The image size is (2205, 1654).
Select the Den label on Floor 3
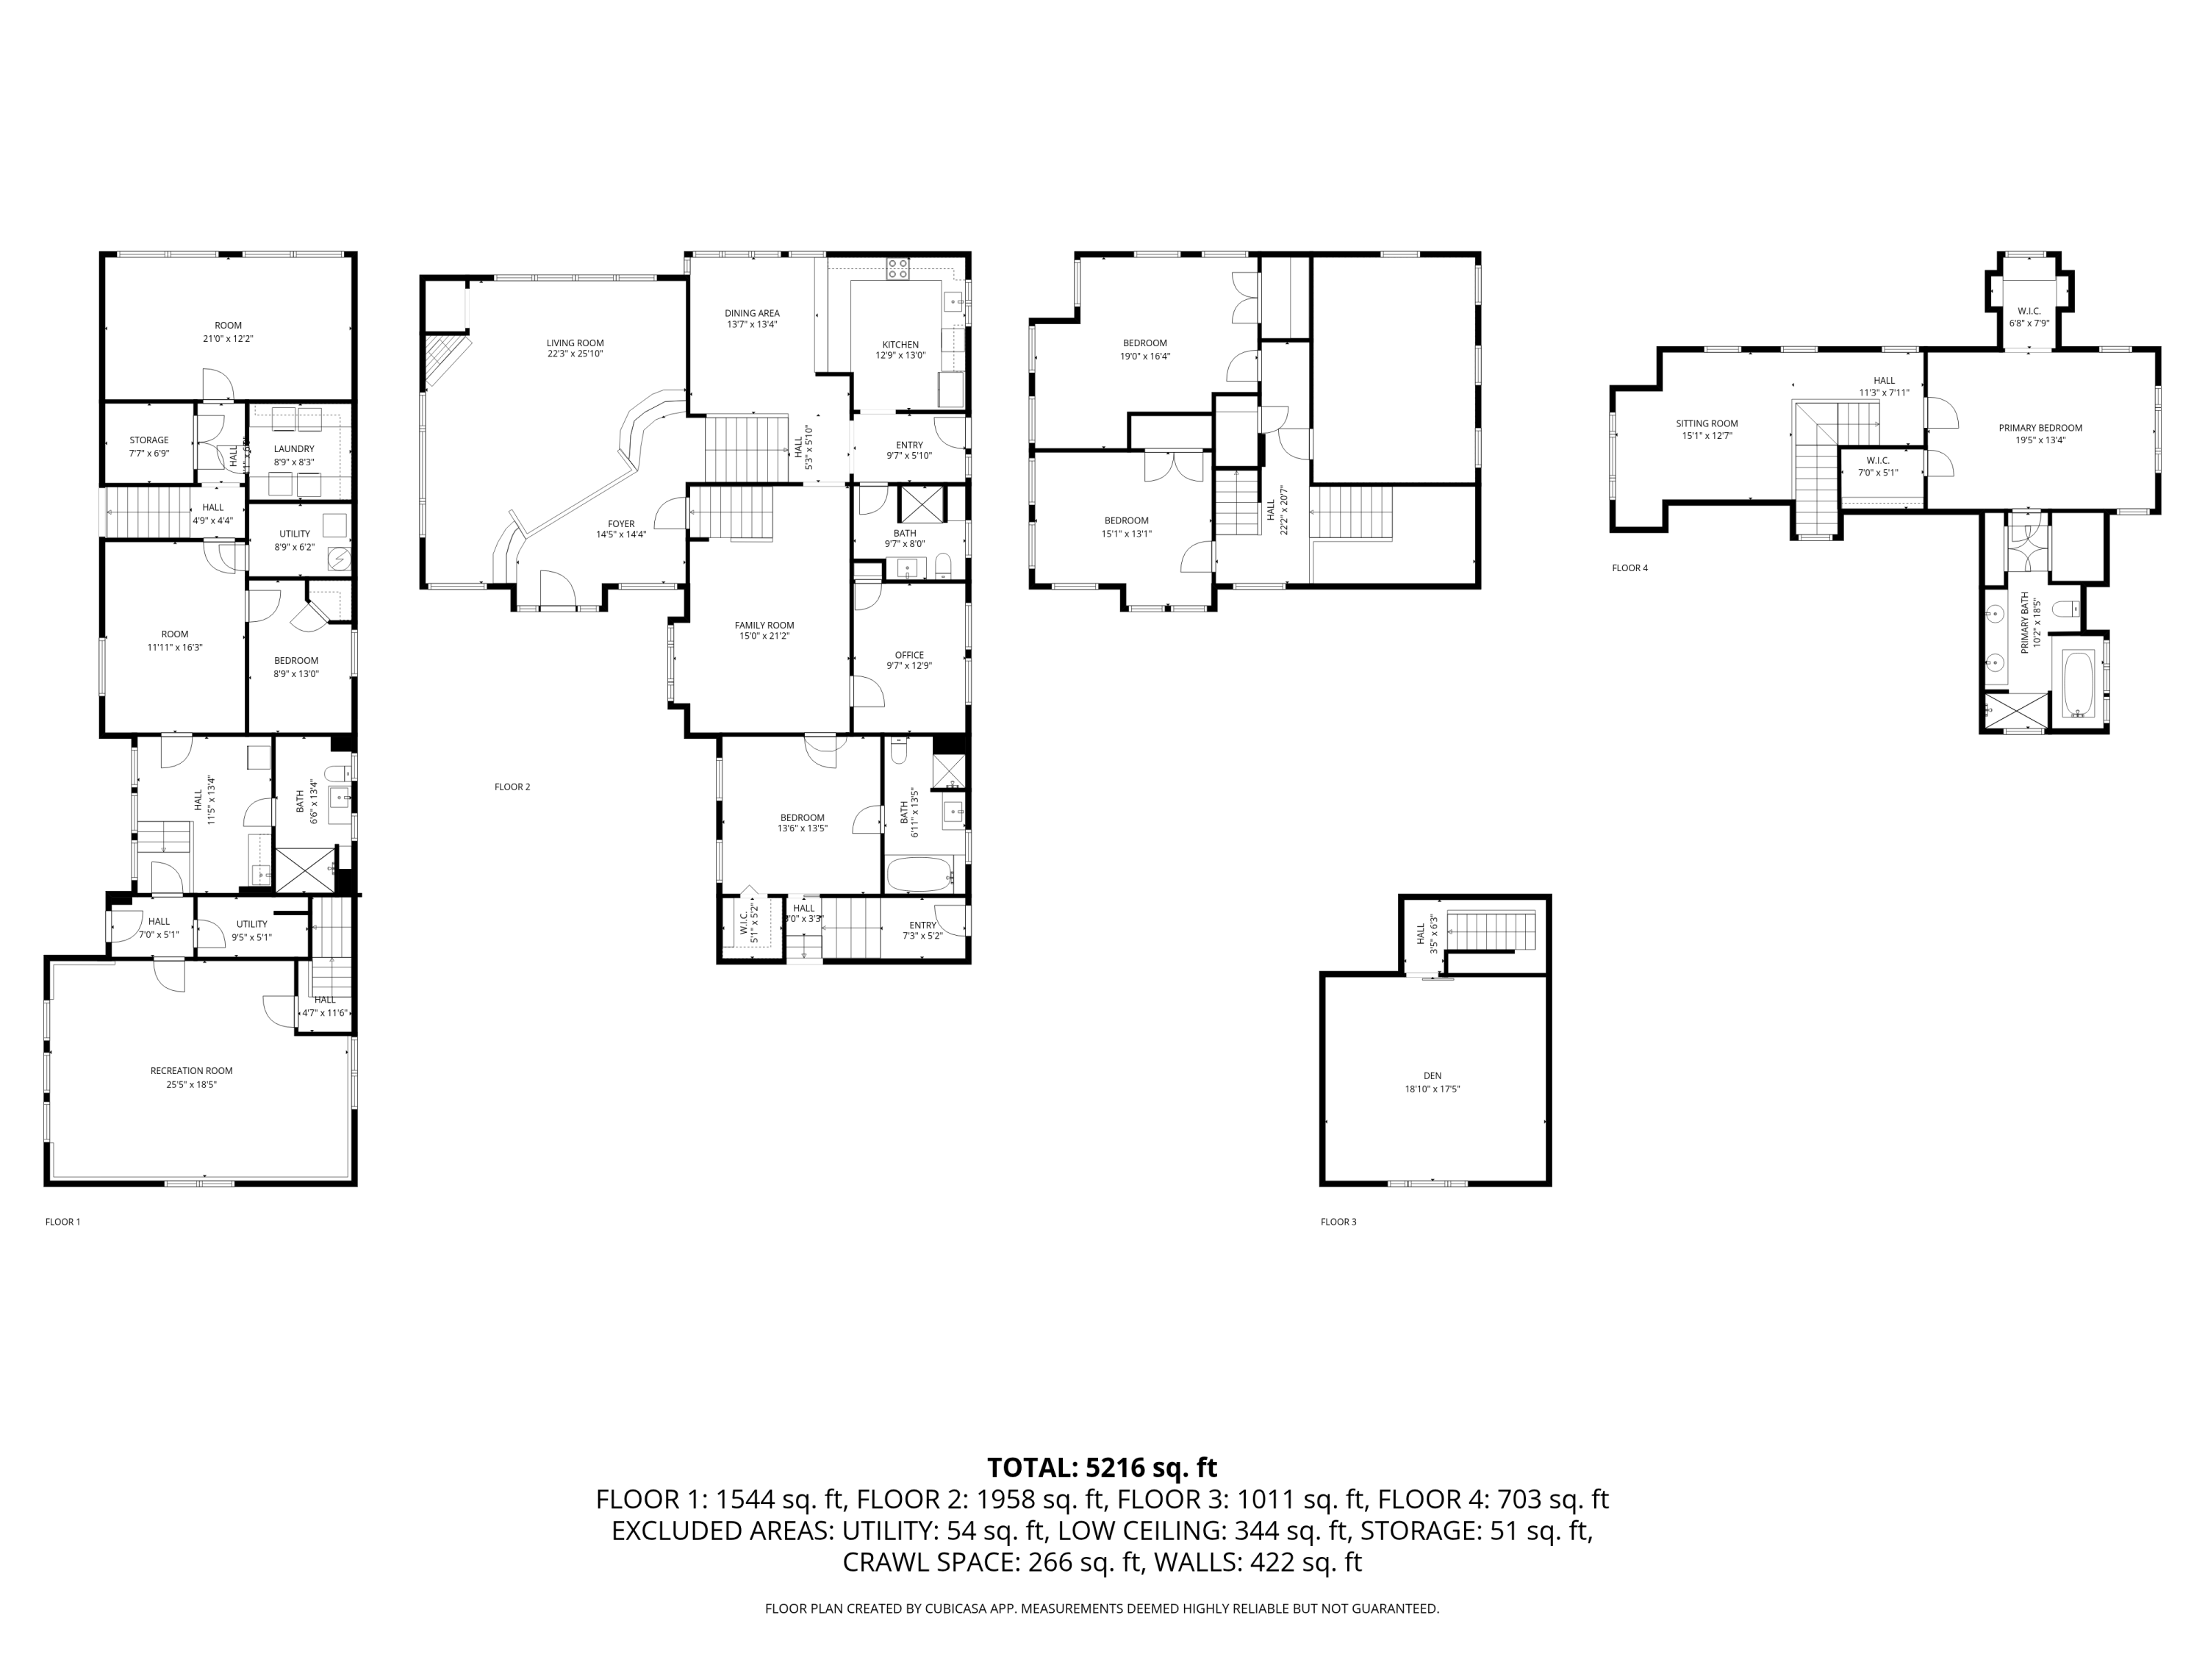click(1433, 1075)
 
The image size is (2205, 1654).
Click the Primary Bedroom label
click(2040, 428)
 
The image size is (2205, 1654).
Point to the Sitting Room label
click(1707, 423)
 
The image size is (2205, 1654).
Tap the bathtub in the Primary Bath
click(2079, 684)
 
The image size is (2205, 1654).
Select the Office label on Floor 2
click(909, 655)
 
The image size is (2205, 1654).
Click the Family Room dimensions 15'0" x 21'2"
click(764, 636)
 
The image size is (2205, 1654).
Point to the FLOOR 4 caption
click(1629, 568)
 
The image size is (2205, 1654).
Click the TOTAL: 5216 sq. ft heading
click(1102, 1467)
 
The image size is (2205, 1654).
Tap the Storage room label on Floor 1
click(149, 440)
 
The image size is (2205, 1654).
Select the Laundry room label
click(294, 448)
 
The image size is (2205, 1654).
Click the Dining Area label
click(753, 313)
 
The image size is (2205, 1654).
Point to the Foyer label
click(621, 523)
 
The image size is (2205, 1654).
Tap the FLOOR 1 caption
click(62, 1221)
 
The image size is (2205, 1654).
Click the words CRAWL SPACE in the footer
click(926, 1562)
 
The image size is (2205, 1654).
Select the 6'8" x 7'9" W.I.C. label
click(2029, 311)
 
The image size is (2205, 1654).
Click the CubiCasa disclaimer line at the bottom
click(1102, 1608)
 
